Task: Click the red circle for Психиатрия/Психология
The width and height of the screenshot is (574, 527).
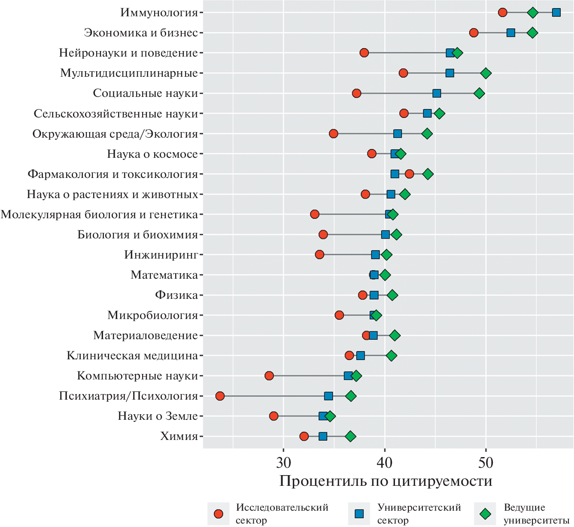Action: point(220,396)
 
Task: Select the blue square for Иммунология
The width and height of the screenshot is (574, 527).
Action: point(556,12)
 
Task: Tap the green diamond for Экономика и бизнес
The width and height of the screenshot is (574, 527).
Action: point(532,33)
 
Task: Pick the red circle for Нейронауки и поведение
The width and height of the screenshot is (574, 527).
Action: point(364,53)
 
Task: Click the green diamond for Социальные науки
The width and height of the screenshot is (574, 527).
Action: point(480,93)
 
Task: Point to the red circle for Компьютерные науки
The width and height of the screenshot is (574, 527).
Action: point(269,376)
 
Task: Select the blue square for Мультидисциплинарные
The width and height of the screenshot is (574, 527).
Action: point(449,73)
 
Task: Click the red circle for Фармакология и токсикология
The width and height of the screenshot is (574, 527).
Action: point(409,174)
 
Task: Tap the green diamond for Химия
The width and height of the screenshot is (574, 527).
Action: point(350,436)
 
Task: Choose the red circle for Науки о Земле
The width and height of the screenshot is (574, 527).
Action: point(273,416)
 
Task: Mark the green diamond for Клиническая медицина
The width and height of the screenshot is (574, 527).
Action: point(391,355)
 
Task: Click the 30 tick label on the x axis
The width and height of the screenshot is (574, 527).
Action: point(283,462)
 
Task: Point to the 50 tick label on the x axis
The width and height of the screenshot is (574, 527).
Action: point(486,462)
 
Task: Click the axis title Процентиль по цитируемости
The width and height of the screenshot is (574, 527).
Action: point(385,481)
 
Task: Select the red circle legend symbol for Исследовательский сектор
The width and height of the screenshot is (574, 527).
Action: point(219,514)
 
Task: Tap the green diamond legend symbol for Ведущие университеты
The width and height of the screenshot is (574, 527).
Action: point(486,514)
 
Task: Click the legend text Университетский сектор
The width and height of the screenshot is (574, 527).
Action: point(419,514)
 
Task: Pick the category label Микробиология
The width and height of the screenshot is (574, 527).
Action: point(152,316)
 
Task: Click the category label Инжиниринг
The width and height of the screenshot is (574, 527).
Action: point(161,255)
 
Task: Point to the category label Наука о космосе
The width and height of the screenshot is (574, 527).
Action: point(152,154)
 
